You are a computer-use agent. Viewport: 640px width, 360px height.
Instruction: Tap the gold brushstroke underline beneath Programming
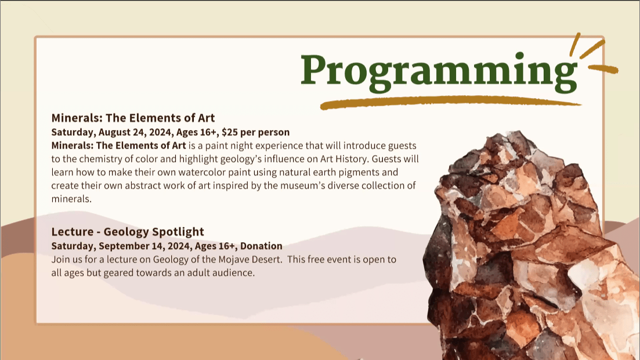click(450, 102)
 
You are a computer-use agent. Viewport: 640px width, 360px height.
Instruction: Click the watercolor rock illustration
click(530, 245)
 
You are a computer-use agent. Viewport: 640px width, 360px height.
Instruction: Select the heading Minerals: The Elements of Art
click(133, 118)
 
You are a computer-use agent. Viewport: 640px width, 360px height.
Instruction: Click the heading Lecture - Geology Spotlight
click(128, 232)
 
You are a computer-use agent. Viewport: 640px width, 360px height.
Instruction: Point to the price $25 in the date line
click(230, 132)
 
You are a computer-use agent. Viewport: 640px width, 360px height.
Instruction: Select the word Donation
click(261, 246)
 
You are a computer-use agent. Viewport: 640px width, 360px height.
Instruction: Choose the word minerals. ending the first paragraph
click(71, 199)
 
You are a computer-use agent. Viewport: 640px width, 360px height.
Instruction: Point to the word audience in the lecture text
click(234, 273)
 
